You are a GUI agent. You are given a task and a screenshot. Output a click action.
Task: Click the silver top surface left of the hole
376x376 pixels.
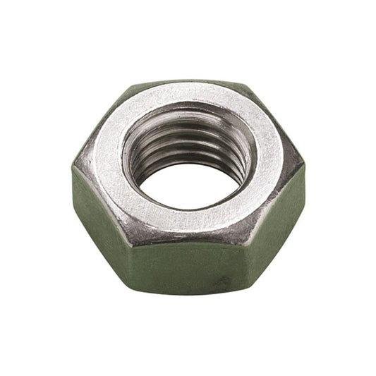[106, 166]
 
